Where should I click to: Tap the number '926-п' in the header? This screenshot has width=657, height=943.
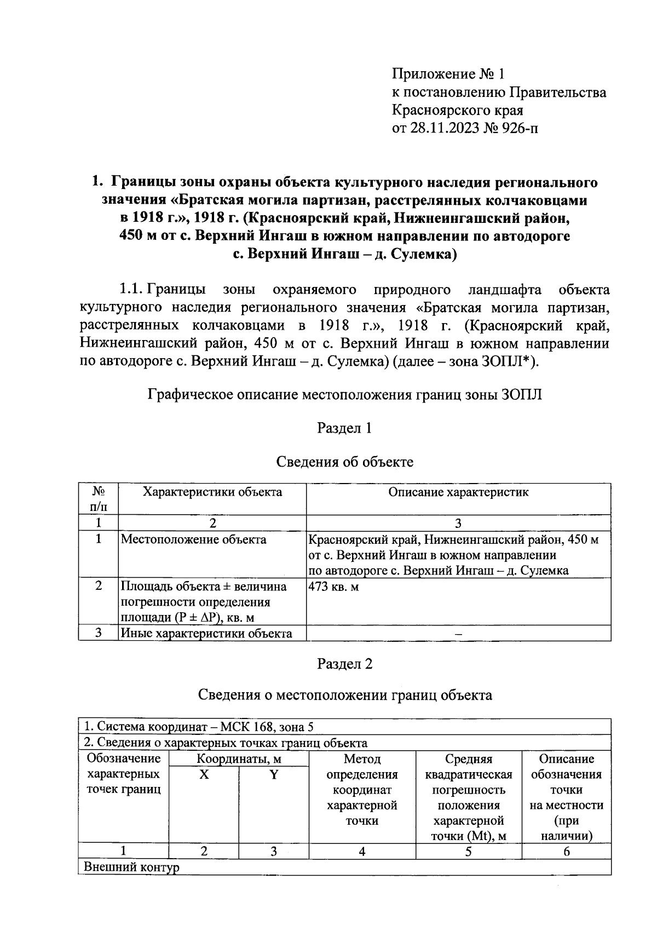tap(518, 128)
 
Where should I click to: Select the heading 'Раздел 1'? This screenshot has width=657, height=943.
tap(344, 428)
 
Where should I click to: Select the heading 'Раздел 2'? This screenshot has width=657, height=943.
tap(344, 664)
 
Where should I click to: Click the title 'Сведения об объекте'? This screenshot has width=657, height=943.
tap(344, 462)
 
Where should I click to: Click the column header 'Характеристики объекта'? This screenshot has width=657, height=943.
tap(212, 492)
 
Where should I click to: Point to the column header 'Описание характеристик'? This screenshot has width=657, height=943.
tap(458, 492)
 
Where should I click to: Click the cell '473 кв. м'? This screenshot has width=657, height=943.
tap(333, 586)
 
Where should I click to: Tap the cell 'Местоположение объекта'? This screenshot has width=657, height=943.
tap(193, 539)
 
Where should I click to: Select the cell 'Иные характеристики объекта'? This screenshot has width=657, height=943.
tap(206, 634)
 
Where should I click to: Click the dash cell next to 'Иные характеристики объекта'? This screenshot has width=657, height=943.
tap(458, 634)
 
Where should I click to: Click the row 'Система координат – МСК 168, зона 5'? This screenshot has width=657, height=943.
tap(199, 727)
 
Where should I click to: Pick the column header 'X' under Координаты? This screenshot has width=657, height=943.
tap(204, 775)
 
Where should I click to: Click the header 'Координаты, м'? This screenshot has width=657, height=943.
tap(239, 759)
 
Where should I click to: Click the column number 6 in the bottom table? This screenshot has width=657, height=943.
tap(566, 851)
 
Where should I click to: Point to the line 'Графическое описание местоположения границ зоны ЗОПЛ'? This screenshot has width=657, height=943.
tap(344, 395)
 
